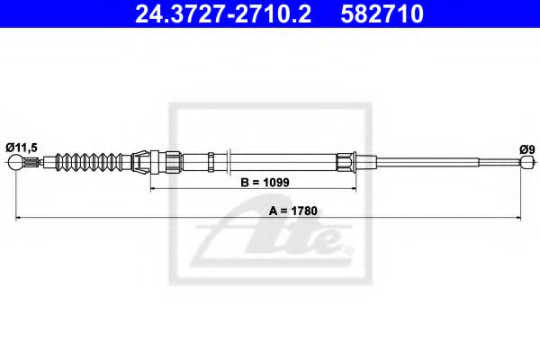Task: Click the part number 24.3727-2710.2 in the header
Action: (x=209, y=13)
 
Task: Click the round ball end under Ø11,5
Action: (x=16, y=163)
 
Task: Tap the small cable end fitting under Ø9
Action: (x=526, y=163)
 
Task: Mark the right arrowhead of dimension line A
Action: (x=523, y=218)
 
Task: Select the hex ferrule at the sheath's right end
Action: (x=346, y=163)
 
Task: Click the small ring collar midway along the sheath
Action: (x=210, y=163)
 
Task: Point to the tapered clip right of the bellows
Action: (x=139, y=163)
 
